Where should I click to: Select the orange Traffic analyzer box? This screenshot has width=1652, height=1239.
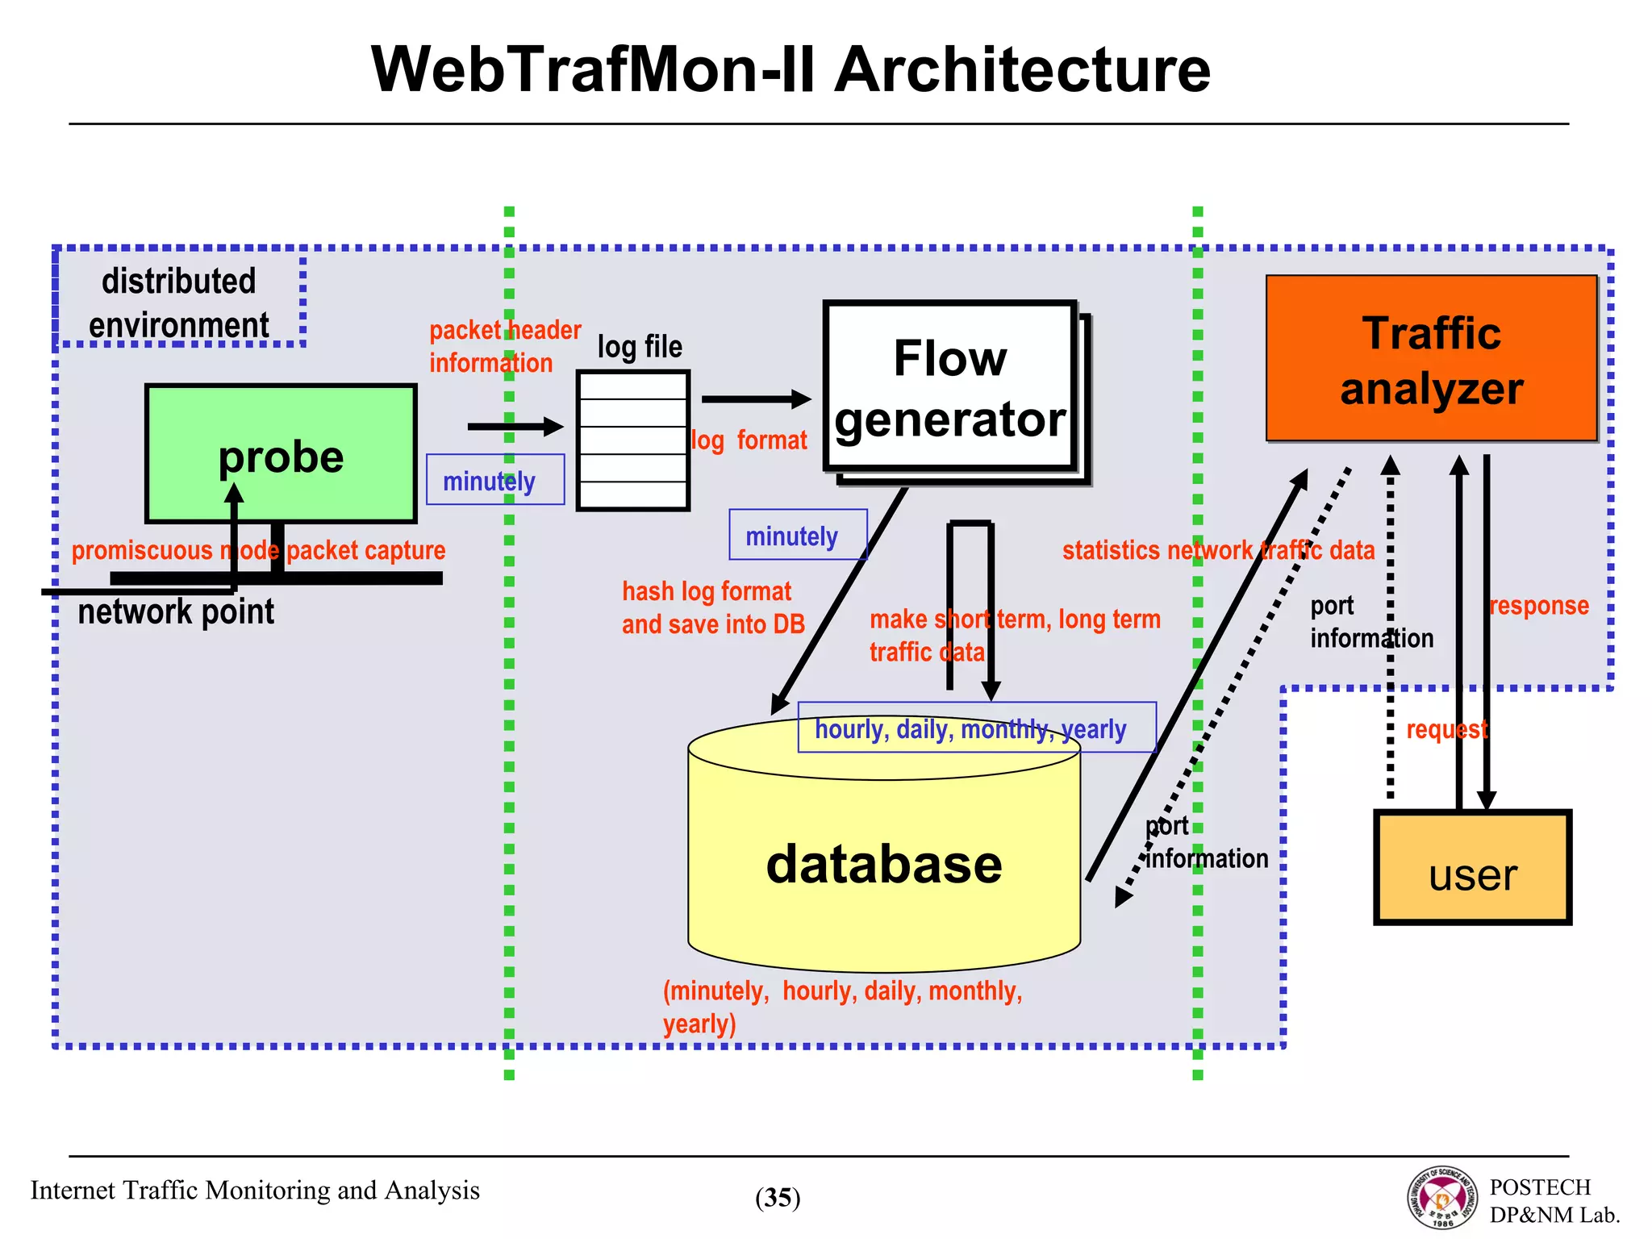[1431, 359]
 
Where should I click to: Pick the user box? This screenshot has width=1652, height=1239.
[1473, 868]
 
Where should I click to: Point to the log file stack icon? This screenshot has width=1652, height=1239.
[633, 440]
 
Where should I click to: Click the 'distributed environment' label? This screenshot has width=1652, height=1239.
[179, 302]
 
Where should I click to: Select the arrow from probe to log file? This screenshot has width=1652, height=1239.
[515, 427]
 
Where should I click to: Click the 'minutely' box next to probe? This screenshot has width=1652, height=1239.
[494, 480]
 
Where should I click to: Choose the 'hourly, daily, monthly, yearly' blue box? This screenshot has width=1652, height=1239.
[976, 728]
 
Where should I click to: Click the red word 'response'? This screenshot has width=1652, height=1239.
[1538, 605]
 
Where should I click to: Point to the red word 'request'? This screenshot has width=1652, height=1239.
[1446, 729]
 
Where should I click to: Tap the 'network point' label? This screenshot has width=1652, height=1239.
[176, 611]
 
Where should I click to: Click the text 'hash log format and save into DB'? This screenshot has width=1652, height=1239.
[712, 607]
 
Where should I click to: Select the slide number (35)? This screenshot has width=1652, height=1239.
[778, 1197]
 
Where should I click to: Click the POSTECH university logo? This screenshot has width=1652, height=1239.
[1443, 1197]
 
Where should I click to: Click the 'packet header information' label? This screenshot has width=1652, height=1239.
[504, 346]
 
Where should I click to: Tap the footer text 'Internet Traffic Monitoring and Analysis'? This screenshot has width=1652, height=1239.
[255, 1190]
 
